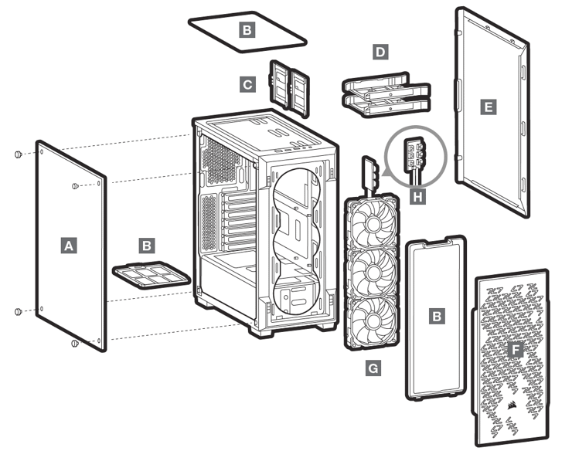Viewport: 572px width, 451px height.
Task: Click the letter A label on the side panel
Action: click(x=70, y=246)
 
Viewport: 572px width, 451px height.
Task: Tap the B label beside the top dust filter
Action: click(x=247, y=31)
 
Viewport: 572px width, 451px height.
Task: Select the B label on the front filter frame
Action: click(x=437, y=317)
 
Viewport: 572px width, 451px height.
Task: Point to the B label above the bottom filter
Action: click(x=146, y=246)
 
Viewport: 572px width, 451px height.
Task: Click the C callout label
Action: click(x=247, y=84)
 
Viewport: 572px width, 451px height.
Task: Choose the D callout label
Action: click(x=380, y=53)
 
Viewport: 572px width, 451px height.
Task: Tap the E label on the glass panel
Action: click(x=487, y=107)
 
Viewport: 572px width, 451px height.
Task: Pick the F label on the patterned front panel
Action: click(x=516, y=350)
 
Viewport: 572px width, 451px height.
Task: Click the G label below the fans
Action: click(x=373, y=369)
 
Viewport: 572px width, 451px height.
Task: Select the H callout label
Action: click(x=418, y=197)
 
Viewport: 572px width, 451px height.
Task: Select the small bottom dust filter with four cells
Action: click(x=151, y=276)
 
